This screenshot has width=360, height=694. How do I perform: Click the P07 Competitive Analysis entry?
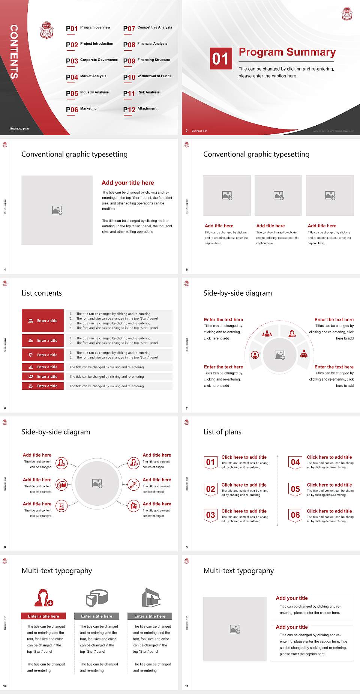148,28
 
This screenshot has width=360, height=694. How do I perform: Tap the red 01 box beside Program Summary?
221,59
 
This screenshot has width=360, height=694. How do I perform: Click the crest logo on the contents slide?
46,30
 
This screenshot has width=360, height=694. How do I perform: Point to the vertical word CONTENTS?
14,52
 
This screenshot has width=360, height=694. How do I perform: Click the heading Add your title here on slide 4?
127,183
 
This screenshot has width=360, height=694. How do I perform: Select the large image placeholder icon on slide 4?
57,210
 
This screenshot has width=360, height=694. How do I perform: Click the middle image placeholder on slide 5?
278,195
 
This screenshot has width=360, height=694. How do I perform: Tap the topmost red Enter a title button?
43,321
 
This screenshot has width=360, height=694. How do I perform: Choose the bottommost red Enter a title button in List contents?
43,386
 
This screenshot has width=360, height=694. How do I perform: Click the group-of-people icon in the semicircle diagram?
267,333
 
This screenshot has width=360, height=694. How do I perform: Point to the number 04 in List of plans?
295,462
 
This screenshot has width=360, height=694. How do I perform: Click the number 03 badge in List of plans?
211,515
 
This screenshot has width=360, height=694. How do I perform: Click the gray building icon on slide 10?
151,598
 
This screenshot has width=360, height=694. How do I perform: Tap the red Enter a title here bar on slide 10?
43,616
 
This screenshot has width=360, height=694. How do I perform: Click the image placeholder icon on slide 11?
235,629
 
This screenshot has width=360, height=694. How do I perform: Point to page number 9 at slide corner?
187,547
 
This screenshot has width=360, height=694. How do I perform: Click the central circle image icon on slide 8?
97,484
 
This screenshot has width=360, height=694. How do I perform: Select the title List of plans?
222,432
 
